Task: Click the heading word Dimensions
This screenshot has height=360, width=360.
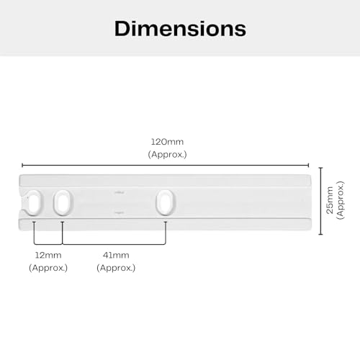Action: click(180, 28)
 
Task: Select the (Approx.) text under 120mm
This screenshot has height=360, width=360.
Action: click(166, 154)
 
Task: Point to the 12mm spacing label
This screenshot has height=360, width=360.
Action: click(48, 255)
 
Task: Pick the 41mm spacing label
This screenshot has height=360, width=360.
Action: click(115, 255)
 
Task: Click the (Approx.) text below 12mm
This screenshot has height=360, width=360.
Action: click(48, 267)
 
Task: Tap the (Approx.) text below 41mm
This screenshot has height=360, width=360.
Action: click(115, 267)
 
